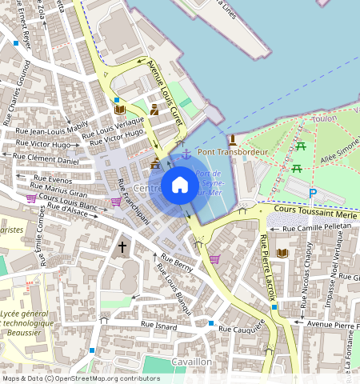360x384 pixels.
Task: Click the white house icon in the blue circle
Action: [180, 186]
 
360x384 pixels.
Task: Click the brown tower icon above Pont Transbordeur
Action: [232, 139]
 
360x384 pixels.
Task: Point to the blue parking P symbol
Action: [313, 193]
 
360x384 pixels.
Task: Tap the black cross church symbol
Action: [122, 247]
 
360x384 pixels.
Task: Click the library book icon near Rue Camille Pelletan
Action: [281, 253]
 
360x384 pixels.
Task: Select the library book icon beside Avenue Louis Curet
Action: [119, 109]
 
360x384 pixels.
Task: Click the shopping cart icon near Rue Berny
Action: [214, 259]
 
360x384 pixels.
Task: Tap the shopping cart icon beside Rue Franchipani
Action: [116, 202]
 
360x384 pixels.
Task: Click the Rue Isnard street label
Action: [158, 324]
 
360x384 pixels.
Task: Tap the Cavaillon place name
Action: [191, 362]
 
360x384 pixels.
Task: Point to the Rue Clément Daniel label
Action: [48, 160]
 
